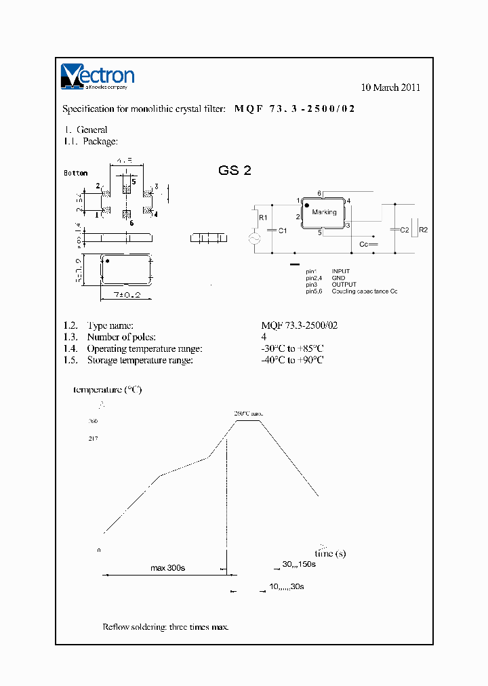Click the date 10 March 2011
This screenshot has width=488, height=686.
[390, 87]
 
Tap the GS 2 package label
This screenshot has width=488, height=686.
[235, 171]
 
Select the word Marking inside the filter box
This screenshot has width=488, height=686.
[324, 212]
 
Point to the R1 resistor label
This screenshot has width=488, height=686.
[264, 218]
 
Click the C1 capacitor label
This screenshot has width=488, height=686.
[283, 230]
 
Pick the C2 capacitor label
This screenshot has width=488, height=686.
[405, 230]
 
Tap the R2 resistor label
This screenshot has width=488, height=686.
[424, 230]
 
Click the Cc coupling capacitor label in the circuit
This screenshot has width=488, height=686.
[363, 243]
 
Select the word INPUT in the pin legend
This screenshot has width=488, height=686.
[341, 271]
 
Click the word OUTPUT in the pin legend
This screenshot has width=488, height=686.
[344, 284]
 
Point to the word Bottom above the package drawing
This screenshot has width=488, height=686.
[76, 173]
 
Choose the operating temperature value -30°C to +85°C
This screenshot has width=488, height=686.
[292, 348]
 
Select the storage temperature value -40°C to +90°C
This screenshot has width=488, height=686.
[292, 360]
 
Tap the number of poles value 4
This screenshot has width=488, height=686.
[264, 337]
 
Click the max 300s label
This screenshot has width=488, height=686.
[167, 567]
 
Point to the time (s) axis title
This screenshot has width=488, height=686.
[330, 553]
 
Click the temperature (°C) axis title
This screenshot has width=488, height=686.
[108, 390]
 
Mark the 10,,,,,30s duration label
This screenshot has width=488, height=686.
[286, 586]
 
